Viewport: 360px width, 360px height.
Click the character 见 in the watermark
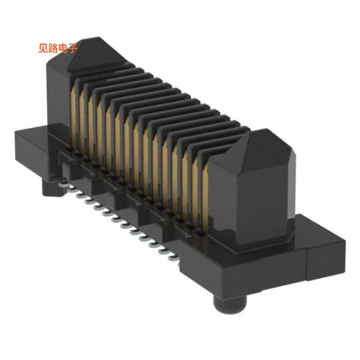[x=43, y=48]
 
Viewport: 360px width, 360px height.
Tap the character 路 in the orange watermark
[x=53, y=48]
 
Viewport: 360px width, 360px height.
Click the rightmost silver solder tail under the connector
[x=173, y=259]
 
